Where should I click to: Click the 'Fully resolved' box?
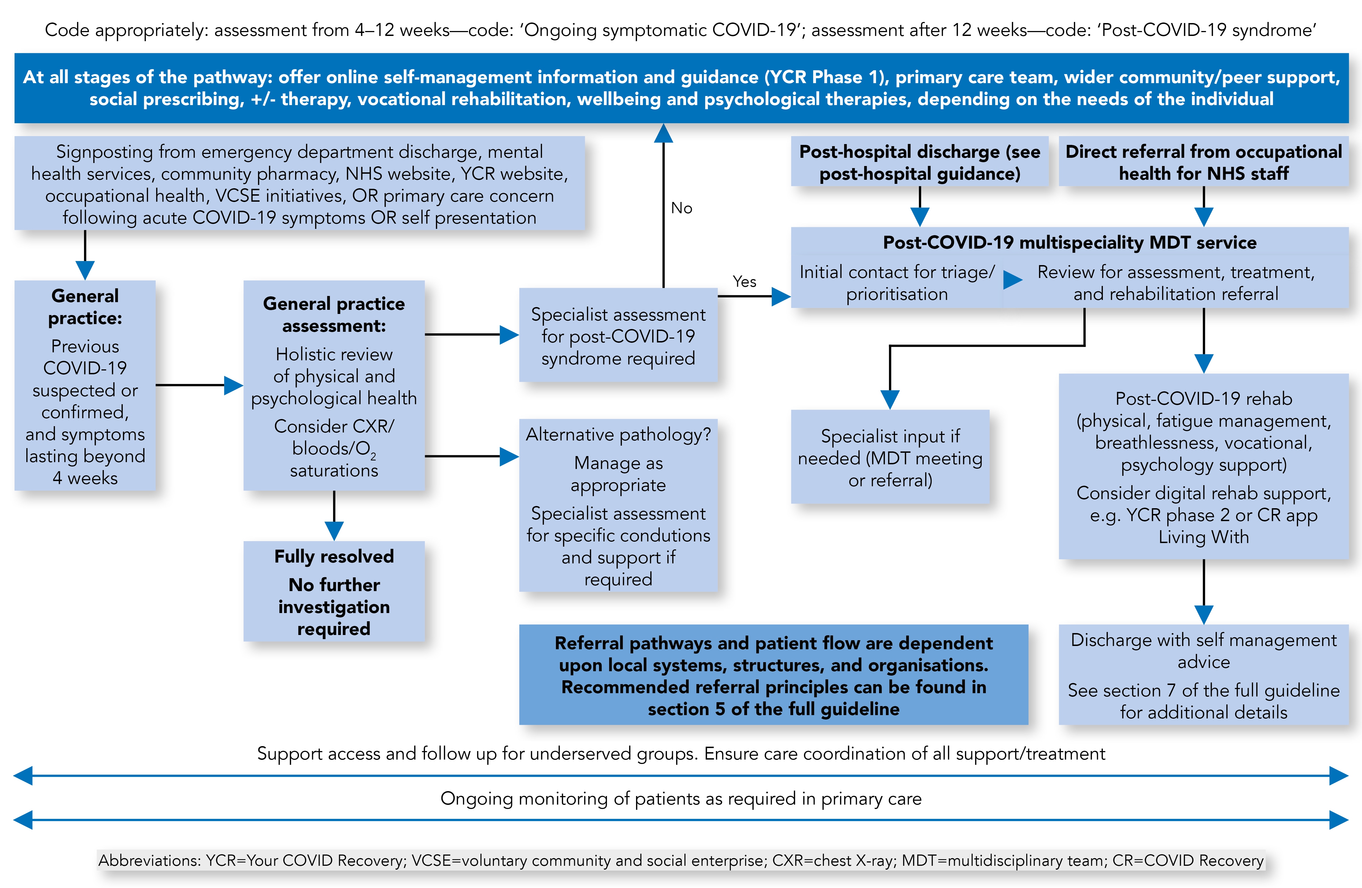(334, 591)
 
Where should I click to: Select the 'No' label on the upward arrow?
(682, 208)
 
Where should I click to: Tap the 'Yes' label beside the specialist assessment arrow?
(745, 282)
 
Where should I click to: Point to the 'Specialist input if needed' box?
(890, 457)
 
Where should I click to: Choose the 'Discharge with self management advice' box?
(1204, 675)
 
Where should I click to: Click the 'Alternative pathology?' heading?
(618, 435)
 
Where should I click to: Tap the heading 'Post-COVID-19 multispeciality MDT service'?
(1070, 243)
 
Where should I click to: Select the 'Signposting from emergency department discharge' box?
(299, 183)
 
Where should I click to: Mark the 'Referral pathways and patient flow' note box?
(774, 675)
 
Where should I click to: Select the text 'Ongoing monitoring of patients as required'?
(681, 799)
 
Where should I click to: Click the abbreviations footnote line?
(681, 861)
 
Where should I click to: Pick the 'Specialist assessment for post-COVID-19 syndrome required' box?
(618, 335)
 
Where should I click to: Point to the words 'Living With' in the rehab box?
(1204, 537)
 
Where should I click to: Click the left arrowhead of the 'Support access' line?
(23, 776)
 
